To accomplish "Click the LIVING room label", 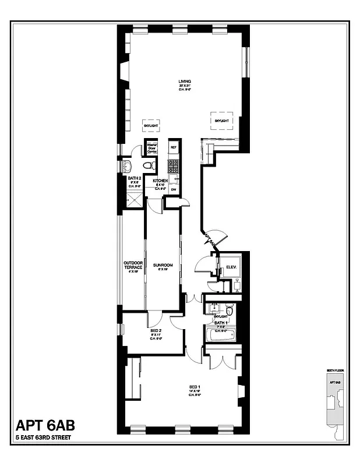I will tap(185, 81).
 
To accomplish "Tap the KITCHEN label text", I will tap(160, 181).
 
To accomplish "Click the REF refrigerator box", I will tap(174, 148).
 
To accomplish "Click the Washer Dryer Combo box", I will tap(152, 148).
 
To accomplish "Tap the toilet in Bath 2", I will tap(149, 166).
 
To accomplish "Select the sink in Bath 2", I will tap(127, 166).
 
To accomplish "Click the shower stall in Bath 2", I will tap(135, 199).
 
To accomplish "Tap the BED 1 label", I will tap(195, 387).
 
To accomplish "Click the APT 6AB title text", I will tap(44, 425).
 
